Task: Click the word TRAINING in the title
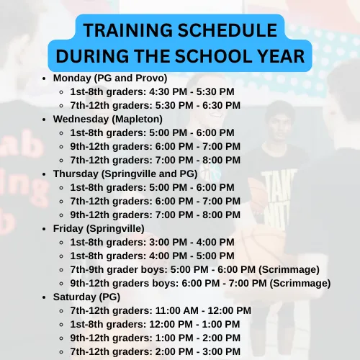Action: click(x=128, y=30)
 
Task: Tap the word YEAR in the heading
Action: click(x=282, y=56)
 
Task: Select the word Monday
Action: click(x=72, y=78)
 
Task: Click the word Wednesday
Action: click(x=81, y=120)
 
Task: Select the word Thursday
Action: click(x=76, y=174)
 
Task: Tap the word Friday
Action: click(x=68, y=229)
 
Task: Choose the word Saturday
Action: click(x=73, y=297)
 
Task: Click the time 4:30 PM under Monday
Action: click(x=168, y=91)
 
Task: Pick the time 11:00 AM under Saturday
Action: click(x=177, y=310)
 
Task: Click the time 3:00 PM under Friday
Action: click(x=168, y=242)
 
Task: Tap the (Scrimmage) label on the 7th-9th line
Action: click(x=289, y=270)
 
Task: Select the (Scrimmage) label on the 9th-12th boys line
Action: click(x=300, y=284)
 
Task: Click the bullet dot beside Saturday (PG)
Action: click(x=44, y=297)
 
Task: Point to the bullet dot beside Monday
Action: click(x=44, y=78)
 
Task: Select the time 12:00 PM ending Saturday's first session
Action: click(x=229, y=310)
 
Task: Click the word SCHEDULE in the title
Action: click(x=228, y=30)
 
